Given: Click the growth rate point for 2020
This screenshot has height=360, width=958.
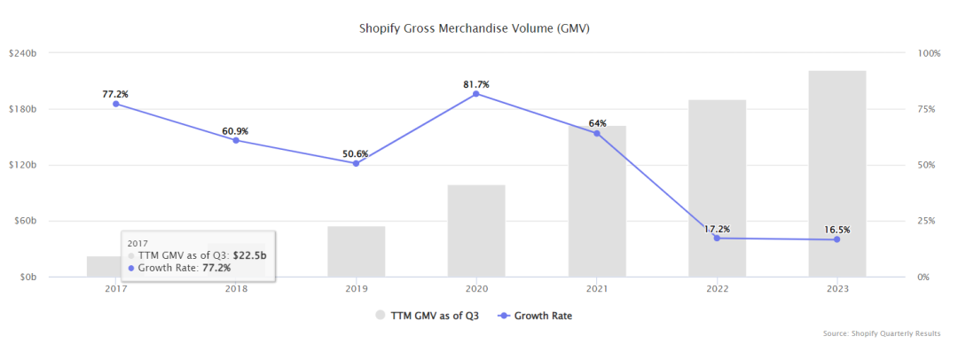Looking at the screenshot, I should coord(476,94).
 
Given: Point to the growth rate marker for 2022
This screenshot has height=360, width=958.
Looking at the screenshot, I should coord(717,238).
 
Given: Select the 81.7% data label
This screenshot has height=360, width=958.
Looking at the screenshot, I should coord(476,84).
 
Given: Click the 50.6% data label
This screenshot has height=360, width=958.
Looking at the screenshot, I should coord(356,153).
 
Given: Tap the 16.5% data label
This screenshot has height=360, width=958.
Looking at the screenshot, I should coord(836,230).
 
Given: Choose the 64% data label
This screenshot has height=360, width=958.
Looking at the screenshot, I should coord(596,123).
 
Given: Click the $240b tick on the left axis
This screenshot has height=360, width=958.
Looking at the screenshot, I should coord(23,53).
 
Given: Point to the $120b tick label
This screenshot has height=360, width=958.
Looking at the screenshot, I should coord(23,165).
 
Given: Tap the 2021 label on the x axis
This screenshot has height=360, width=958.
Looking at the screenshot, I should coord(596,289).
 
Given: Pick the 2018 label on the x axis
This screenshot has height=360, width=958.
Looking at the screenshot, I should coord(235,289).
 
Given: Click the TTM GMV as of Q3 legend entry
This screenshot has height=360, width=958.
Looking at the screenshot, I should coord(428,315).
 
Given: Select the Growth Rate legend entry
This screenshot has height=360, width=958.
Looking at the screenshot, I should coord(535,315).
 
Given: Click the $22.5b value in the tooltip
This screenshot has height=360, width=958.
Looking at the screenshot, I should coord(250,254).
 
